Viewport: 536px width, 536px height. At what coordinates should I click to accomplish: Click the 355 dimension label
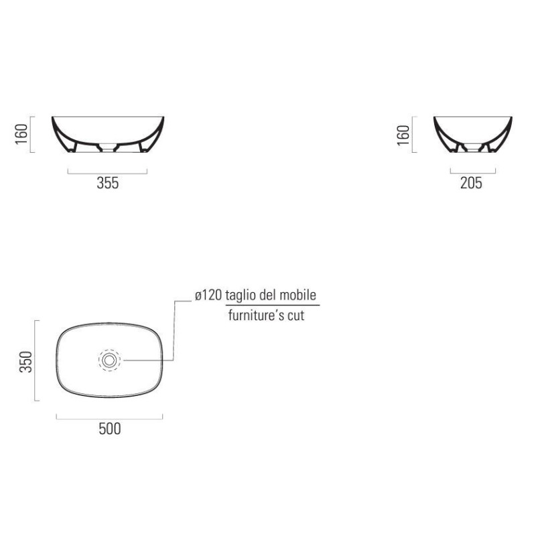[x=108, y=183]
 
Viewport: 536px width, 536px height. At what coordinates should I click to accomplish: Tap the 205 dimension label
[x=471, y=183]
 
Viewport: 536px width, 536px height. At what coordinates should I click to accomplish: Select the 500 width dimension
[x=110, y=429]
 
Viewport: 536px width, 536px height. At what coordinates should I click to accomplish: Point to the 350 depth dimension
[x=26, y=361]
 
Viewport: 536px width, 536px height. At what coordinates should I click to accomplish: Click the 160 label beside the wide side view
[x=21, y=134]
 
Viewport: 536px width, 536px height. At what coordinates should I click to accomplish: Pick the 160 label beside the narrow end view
[x=403, y=135]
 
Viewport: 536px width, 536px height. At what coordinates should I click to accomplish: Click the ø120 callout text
[x=208, y=295]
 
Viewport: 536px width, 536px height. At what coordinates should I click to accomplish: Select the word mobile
[x=297, y=295]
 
